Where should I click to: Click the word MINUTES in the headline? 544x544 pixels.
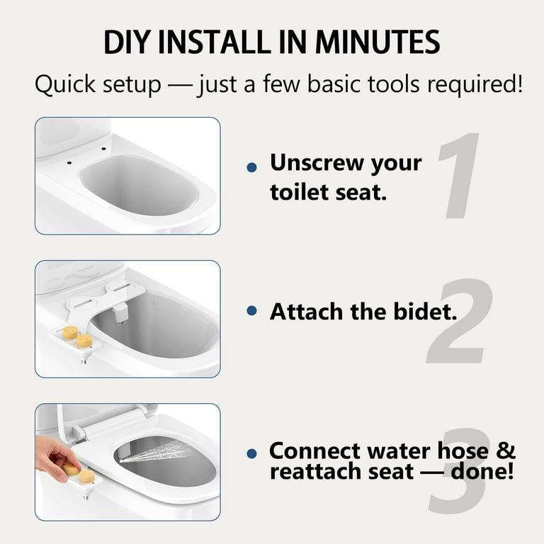point(378,42)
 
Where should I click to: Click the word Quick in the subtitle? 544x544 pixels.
point(65,84)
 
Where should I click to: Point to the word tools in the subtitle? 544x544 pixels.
point(393,84)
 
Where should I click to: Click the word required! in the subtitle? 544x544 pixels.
point(475,85)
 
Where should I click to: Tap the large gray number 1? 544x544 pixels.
point(459,176)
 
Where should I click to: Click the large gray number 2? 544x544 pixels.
point(459,321)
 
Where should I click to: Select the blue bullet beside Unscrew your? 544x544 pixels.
point(252,168)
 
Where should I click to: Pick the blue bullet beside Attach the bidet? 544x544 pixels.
point(252,310)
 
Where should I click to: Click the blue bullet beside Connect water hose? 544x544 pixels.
point(252,453)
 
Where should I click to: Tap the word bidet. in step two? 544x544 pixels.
point(425,311)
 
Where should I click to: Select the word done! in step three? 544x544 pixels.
point(482,471)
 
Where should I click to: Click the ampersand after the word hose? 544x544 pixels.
point(506,450)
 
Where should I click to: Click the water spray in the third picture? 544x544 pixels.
point(156,451)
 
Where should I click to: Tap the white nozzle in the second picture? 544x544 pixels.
point(120,313)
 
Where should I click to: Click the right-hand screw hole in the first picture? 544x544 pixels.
point(103,149)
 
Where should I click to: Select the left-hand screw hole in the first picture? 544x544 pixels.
point(69,162)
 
